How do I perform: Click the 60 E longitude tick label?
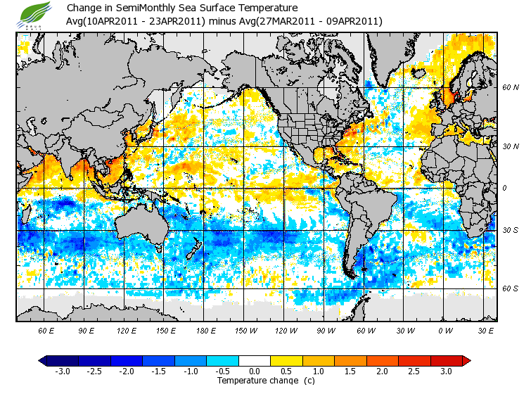click(46, 329)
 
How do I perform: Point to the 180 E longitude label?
click(206, 329)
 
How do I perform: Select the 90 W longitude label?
click(326, 329)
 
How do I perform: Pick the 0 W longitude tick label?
click(444, 329)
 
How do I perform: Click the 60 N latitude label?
click(511, 87)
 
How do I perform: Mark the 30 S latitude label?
click(511, 230)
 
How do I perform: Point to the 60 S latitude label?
click(511, 288)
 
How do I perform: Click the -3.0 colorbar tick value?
click(63, 371)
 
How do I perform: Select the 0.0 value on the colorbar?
click(255, 371)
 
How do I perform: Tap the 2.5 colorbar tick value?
click(414, 371)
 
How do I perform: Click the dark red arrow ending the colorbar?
click(466, 360)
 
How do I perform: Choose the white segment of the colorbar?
click(255, 360)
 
